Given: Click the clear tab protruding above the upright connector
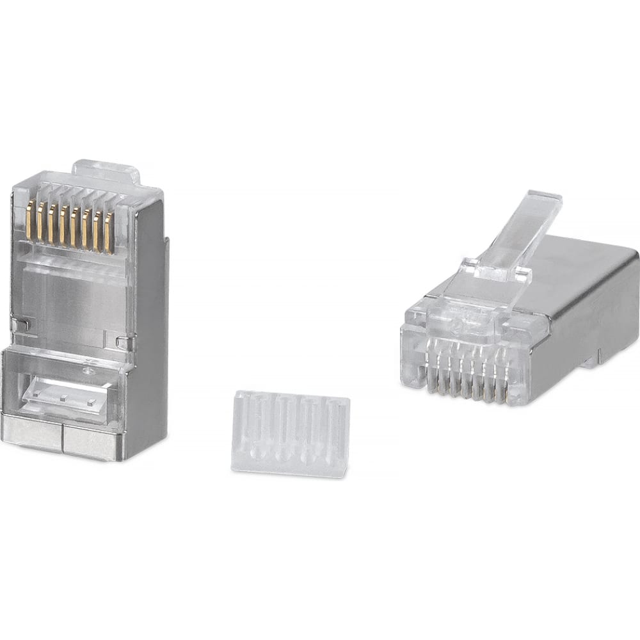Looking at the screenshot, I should click(106, 168).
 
